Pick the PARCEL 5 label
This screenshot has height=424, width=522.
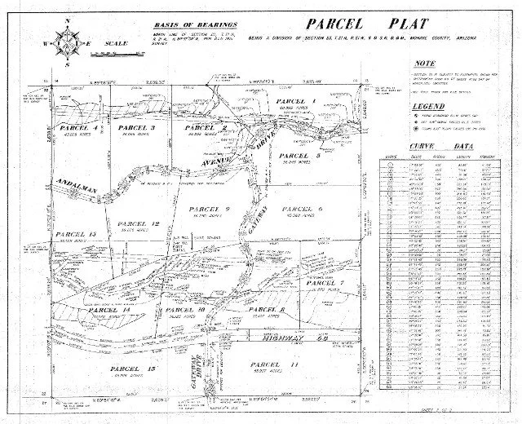point(298,155)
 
